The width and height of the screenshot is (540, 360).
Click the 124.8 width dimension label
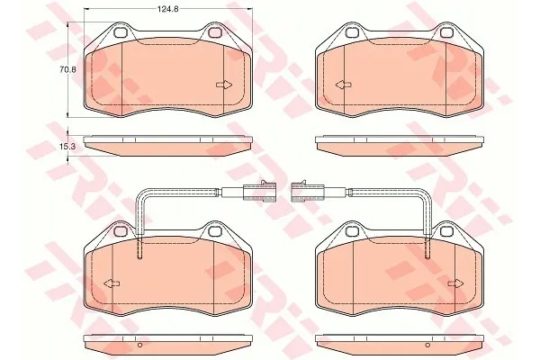[167, 9]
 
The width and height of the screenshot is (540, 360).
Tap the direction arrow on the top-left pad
[224, 85]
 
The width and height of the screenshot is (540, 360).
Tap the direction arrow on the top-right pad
[344, 85]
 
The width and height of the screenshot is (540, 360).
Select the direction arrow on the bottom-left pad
[112, 283]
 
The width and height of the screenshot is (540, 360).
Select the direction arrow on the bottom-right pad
[456, 283]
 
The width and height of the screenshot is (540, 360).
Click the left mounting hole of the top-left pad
[121, 32]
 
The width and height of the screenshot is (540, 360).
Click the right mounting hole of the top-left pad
[214, 32]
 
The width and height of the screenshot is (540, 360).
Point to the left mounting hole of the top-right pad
[352, 32]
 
